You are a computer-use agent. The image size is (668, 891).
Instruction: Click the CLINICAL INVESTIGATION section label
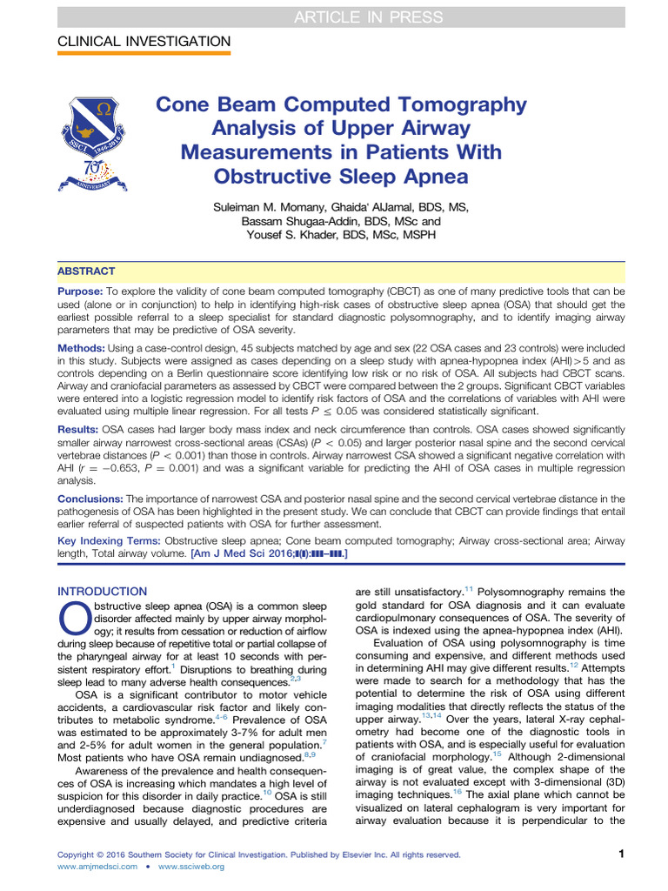tap(144, 42)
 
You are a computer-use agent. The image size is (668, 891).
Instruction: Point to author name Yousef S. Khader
tap(292, 235)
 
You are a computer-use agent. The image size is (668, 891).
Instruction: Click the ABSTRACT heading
tap(86, 271)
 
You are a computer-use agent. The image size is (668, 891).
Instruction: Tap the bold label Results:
tap(79, 430)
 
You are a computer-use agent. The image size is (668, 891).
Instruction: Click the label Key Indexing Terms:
tap(109, 540)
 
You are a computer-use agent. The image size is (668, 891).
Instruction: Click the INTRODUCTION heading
tap(102, 591)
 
